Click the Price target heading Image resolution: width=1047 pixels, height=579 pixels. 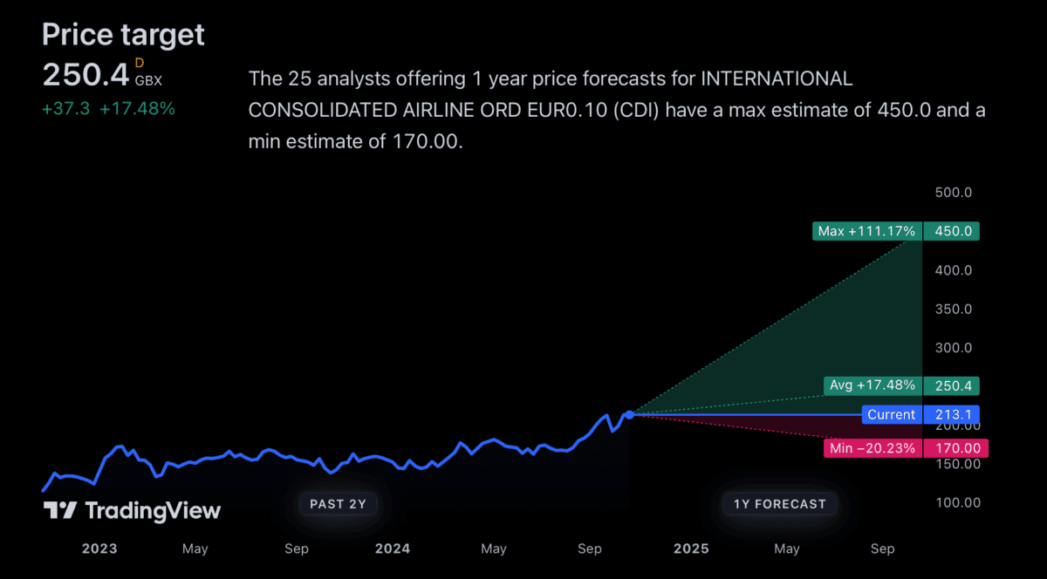tap(123, 35)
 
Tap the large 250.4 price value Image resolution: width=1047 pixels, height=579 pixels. tap(86, 75)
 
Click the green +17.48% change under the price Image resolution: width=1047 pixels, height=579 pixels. tap(137, 109)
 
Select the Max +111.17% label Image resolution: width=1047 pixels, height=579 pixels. tap(866, 231)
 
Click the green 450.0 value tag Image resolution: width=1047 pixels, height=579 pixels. tap(952, 231)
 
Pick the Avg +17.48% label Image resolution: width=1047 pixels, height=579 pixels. tap(872, 385)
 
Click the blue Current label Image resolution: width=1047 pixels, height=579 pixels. tap(891, 415)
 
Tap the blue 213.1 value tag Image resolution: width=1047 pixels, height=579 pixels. tap(952, 415)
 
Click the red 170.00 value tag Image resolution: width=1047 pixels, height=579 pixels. tap(952, 448)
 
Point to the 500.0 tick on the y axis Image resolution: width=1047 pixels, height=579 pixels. tap(954, 193)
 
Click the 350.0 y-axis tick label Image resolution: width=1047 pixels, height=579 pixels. tap(954, 309)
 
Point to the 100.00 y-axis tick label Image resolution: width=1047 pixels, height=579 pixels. tap(954, 502)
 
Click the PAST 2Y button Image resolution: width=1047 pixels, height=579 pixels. tap(339, 503)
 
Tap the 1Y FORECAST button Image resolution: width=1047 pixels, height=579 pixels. tap(779, 503)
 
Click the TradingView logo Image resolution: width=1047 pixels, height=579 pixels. tap(132, 511)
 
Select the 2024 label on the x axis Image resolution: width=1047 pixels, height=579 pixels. tap(392, 548)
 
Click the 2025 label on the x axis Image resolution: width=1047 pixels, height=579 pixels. tap(691, 548)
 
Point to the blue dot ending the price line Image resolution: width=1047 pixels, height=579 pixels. tap(629, 414)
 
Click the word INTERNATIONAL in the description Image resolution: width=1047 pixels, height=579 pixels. tap(777, 78)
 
